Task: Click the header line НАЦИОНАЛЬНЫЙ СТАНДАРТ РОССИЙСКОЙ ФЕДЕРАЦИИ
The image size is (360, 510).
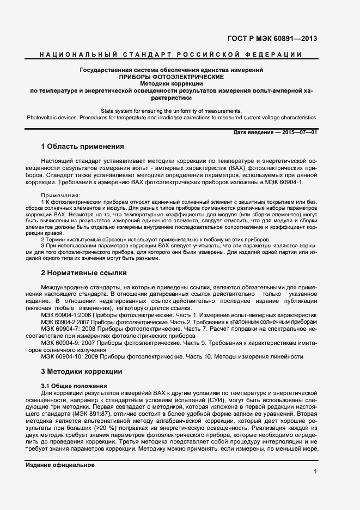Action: point(171,54)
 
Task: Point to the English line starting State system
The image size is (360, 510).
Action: point(171,111)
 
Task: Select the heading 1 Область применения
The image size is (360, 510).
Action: point(83,147)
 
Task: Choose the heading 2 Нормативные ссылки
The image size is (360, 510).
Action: point(84,272)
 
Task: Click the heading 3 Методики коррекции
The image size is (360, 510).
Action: point(81,372)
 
